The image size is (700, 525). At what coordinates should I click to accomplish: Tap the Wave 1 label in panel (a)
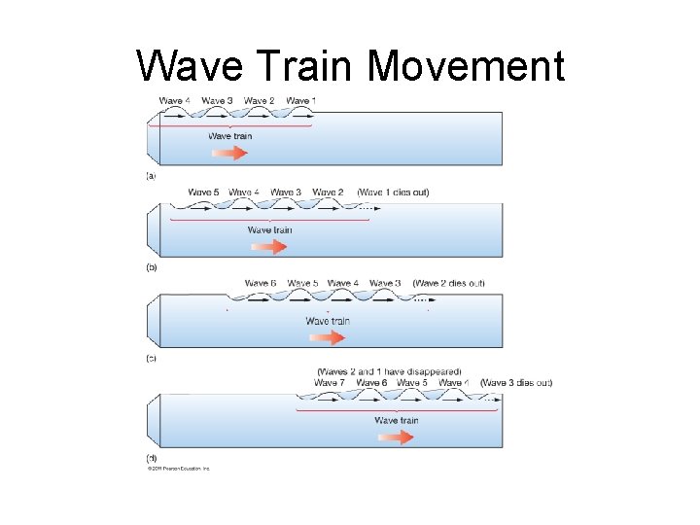(300, 101)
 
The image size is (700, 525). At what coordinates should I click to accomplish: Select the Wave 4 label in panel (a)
(175, 101)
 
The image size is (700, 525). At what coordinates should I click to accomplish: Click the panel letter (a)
(151, 176)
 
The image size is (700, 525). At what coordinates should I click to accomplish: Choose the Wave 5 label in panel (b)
(203, 192)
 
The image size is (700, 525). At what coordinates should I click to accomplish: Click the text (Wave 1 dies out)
(393, 192)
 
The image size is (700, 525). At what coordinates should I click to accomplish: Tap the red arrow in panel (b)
(268, 247)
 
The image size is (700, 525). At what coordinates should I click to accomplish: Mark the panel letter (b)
(151, 266)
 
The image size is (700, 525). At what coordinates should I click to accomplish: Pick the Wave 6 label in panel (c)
(261, 283)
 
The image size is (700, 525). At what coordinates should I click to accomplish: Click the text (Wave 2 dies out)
(448, 283)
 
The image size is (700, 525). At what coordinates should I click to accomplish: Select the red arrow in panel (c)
(326, 338)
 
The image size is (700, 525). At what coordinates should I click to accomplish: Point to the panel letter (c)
(151, 359)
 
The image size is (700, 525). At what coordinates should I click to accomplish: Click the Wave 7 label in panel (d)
(329, 383)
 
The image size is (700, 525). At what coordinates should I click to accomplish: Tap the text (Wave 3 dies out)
(516, 383)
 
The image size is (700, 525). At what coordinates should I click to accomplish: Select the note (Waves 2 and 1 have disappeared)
(389, 371)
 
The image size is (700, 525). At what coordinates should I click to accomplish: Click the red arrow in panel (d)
(395, 437)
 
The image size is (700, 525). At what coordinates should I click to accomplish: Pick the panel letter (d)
(151, 458)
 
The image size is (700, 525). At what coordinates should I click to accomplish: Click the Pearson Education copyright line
(178, 469)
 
